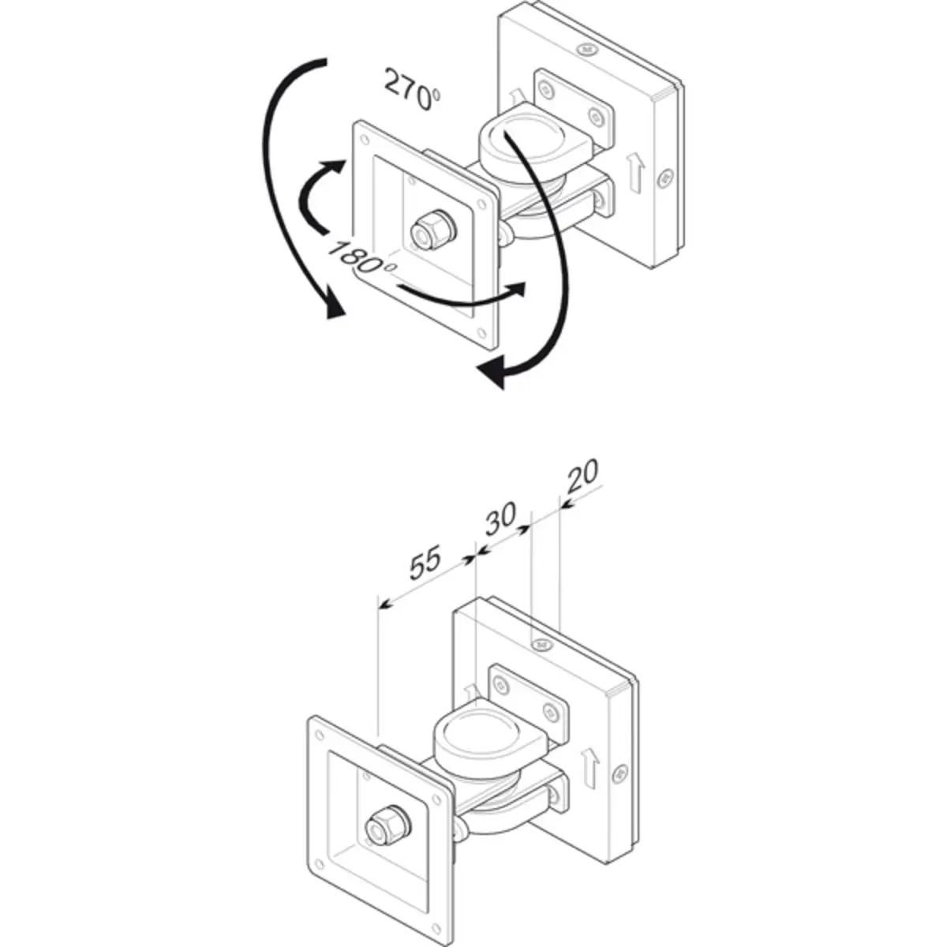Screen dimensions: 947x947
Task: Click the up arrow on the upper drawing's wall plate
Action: click(637, 172)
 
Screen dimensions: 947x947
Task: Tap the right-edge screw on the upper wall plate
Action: click(665, 178)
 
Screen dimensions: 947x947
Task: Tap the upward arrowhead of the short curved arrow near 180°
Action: click(337, 167)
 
